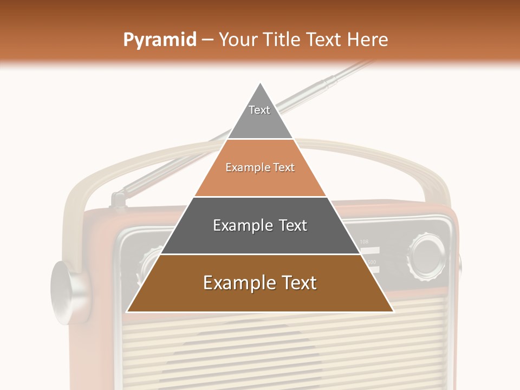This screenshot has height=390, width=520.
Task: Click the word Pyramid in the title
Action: pyautogui.click(x=159, y=40)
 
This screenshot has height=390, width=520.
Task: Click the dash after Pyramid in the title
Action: pyautogui.click(x=207, y=40)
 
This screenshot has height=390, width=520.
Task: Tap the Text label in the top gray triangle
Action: pyautogui.click(x=259, y=110)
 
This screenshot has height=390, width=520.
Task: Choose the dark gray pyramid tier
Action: pyautogui.click(x=260, y=238)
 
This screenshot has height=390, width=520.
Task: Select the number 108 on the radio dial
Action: pyautogui.click(x=364, y=242)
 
